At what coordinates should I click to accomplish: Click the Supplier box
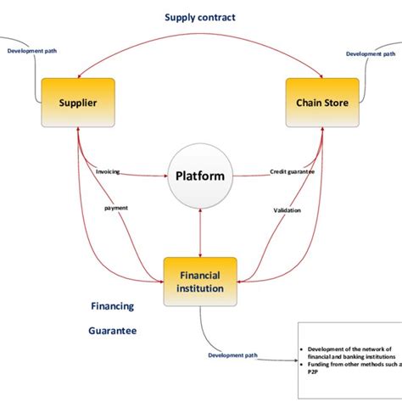coord(77,103)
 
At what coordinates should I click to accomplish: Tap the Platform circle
coord(199,176)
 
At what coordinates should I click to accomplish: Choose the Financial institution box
coord(200,282)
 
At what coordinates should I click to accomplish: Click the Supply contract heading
coord(200,17)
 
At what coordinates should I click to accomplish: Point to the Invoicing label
coord(109,171)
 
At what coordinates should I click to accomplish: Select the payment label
coord(116,207)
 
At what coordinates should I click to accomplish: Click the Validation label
coord(287,210)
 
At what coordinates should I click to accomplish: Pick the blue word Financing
coord(113,305)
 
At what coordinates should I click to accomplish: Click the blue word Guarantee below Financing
coord(113,332)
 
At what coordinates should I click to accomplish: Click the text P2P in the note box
coord(310,371)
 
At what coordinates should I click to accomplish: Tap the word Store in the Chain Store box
coord(334,103)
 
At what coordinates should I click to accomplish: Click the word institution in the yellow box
coord(200,288)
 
